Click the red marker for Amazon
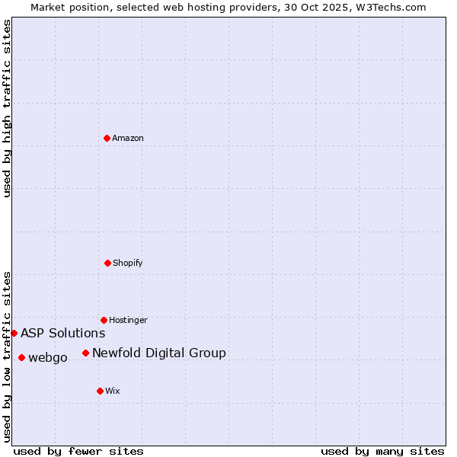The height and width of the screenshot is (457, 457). [107, 138]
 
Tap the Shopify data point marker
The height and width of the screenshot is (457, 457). [107, 263]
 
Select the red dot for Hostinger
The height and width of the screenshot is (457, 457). [104, 320]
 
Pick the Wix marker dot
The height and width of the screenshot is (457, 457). [100, 391]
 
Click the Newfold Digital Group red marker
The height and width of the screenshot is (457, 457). [85, 353]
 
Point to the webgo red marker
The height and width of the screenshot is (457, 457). [21, 357]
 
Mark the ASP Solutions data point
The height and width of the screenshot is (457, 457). [14, 333]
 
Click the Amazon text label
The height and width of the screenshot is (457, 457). [128, 138]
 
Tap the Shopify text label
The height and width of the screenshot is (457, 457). [128, 263]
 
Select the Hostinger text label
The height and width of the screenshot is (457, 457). [128, 320]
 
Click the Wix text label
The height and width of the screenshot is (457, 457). [113, 391]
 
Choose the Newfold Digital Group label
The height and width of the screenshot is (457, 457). [159, 353]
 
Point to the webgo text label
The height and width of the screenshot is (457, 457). [48, 357]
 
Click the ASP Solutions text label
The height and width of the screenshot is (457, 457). [63, 333]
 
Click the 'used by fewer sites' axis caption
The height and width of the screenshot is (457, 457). [78, 451]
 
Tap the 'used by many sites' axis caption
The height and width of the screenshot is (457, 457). [382, 451]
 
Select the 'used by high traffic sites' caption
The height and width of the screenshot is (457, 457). [7, 108]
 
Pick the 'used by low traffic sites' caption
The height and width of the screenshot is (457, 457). [7, 356]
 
